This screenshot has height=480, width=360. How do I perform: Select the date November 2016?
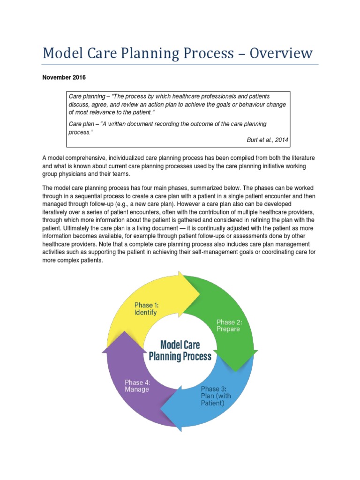click(x=64, y=77)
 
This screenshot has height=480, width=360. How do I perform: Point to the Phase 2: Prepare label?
click(x=228, y=325)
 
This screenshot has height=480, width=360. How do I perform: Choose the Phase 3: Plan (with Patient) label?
click(x=216, y=396)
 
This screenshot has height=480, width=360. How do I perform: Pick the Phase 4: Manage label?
click(x=137, y=385)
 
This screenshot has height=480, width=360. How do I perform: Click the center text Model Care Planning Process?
click(x=180, y=351)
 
